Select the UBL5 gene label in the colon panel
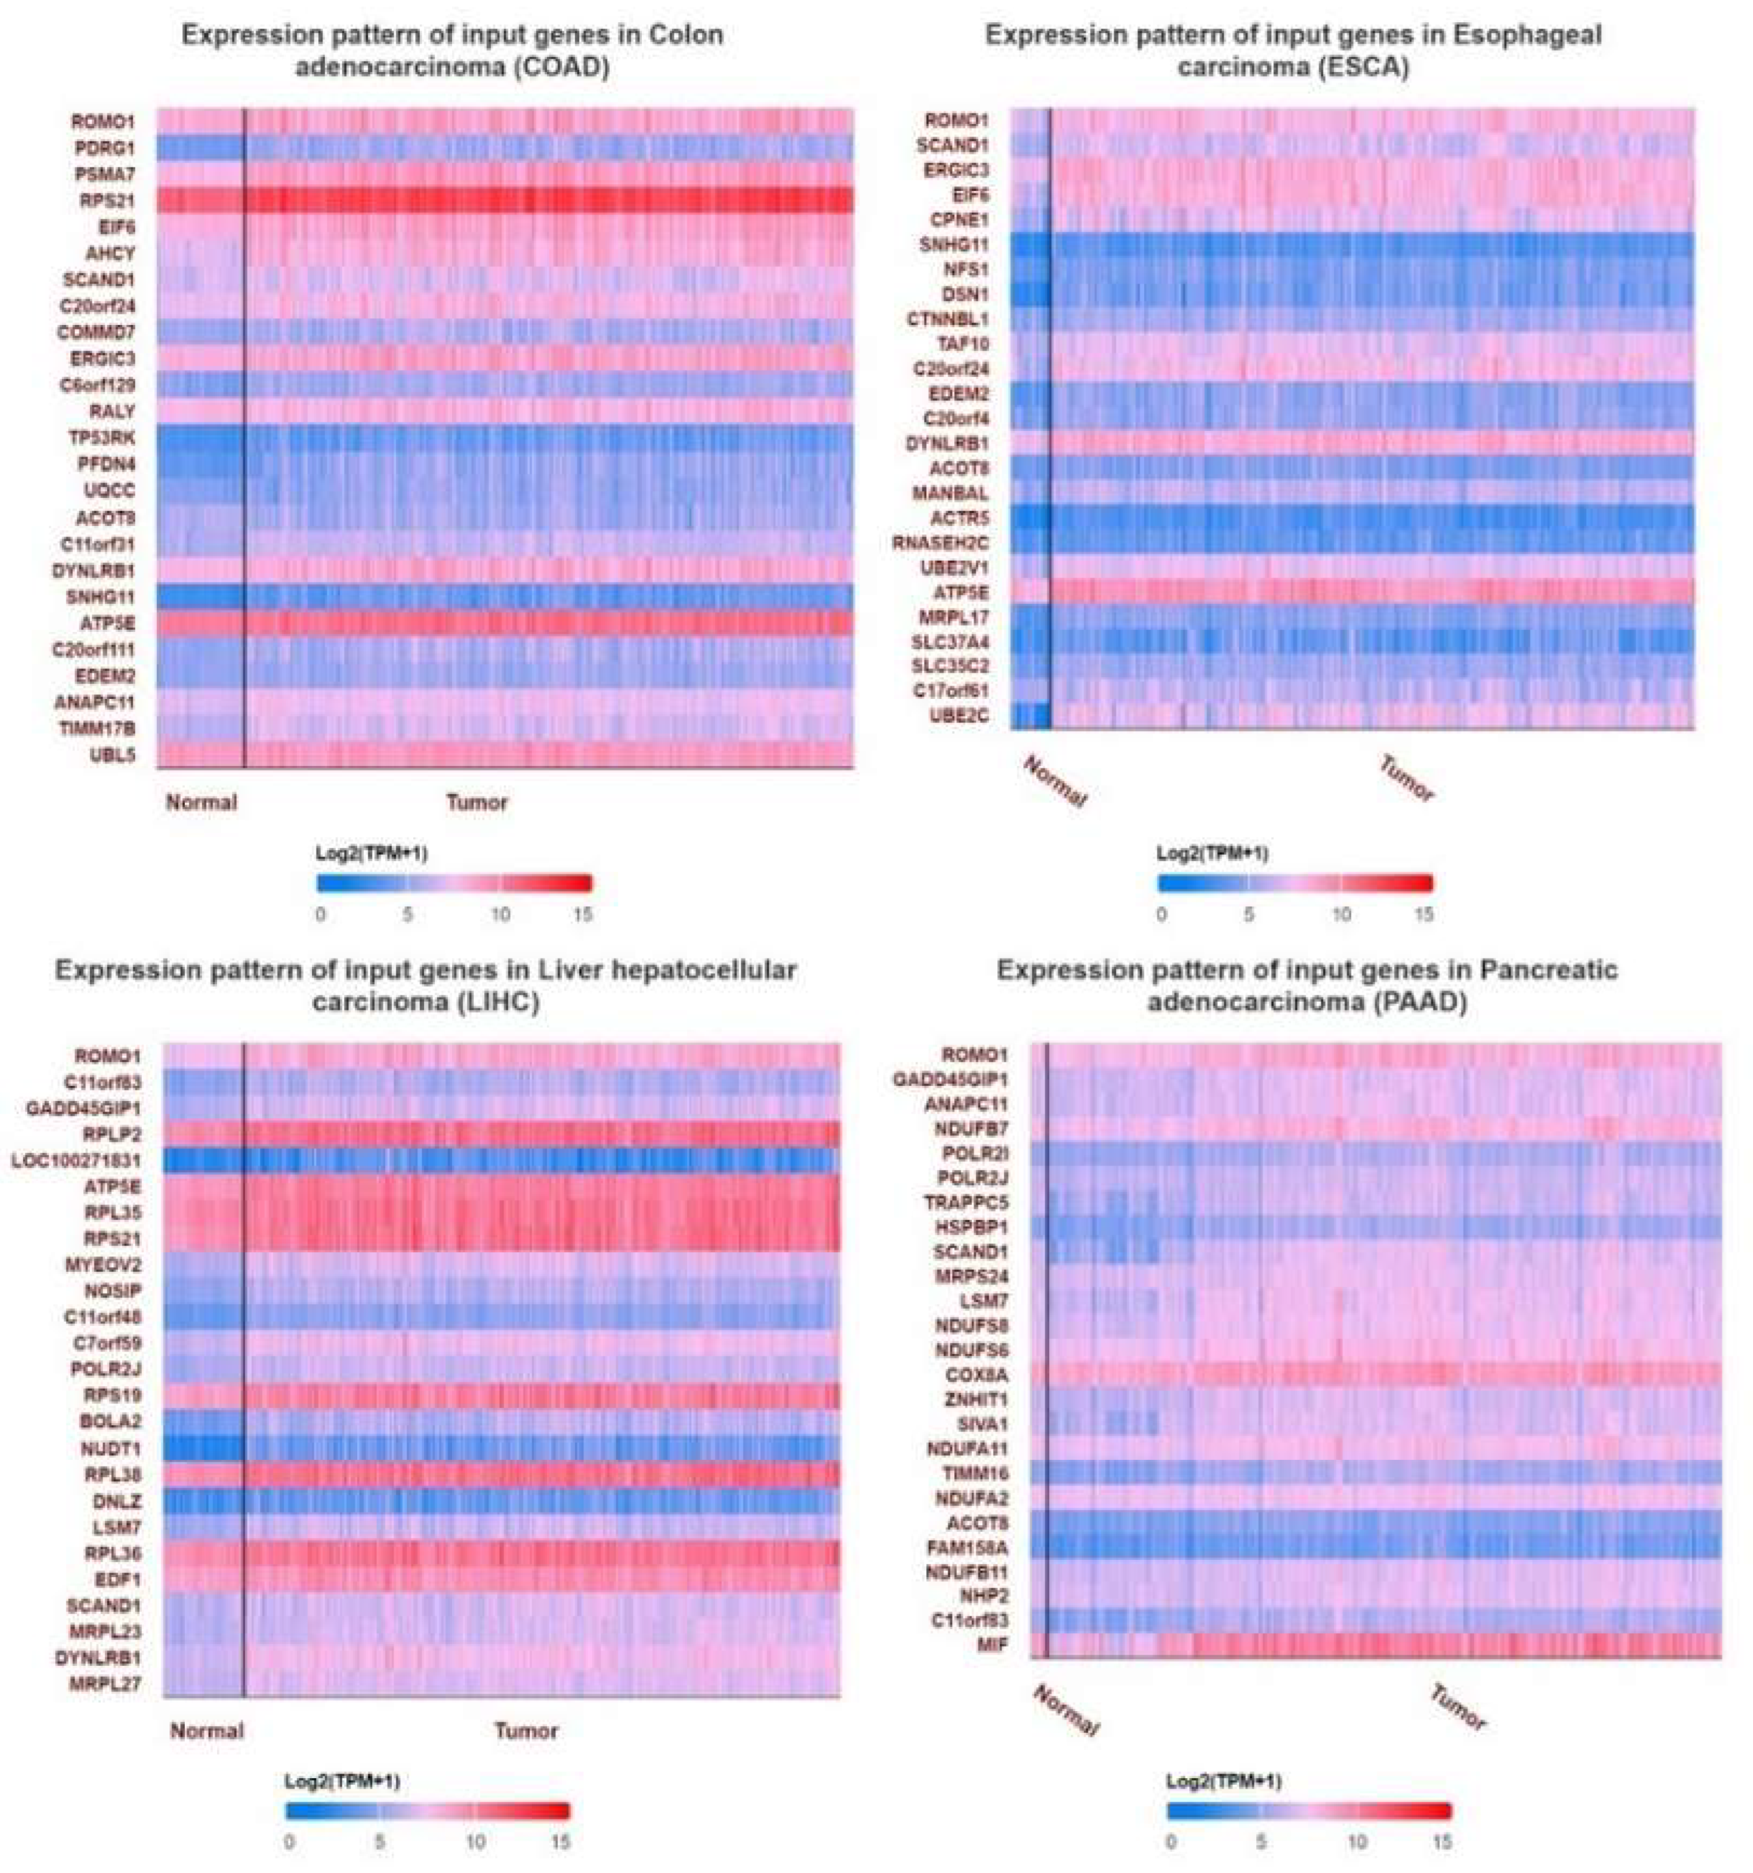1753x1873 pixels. point(112,755)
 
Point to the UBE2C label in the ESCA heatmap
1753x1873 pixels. point(961,715)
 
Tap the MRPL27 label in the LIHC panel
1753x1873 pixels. point(104,1683)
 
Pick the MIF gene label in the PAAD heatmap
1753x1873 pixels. point(990,1645)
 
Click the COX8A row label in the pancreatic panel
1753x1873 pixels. point(977,1374)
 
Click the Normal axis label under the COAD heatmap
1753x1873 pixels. point(201,803)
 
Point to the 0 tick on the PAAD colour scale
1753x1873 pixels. point(1171,1841)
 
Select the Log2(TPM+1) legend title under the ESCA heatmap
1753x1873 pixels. point(1212,853)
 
